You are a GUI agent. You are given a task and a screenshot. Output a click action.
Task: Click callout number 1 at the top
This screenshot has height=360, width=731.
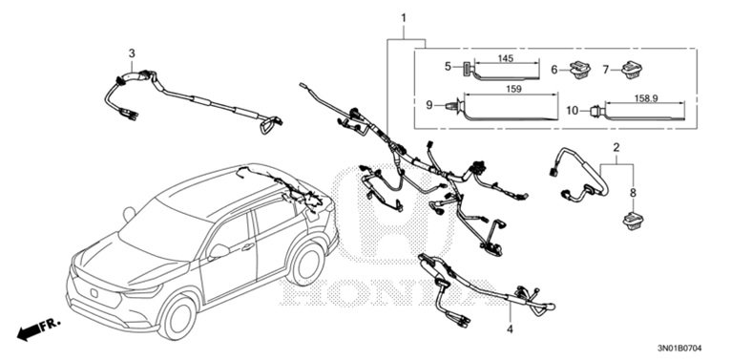404,19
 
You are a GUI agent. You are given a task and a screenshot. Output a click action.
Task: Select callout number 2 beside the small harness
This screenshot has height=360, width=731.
616,148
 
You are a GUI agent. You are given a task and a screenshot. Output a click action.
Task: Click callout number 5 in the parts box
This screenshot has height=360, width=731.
446,67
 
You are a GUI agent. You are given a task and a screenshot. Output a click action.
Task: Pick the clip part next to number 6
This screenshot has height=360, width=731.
578,69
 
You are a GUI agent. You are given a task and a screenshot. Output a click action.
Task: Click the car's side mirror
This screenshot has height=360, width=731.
220,249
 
